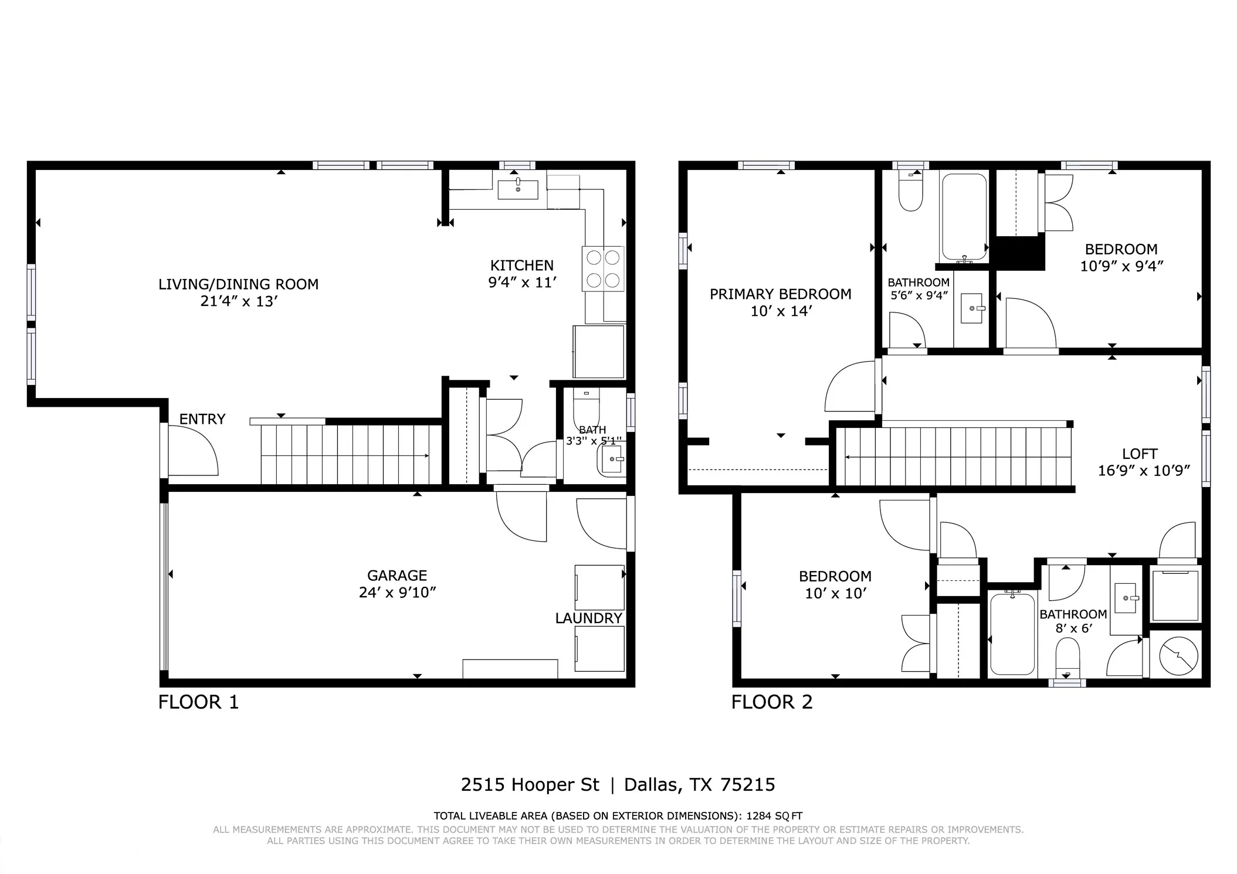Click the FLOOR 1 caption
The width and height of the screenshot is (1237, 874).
point(198,702)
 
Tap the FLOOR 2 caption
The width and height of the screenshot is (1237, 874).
point(771,702)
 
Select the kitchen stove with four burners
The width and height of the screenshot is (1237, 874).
point(602,268)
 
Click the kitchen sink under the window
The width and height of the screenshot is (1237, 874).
point(518,189)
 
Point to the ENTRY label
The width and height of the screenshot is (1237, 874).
point(202,419)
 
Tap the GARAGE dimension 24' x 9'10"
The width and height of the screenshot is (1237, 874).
point(397,593)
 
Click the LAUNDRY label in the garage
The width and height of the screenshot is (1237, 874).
point(588,618)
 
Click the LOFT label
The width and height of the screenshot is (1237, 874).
point(1140,454)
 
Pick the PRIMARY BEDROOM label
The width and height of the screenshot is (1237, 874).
point(780,294)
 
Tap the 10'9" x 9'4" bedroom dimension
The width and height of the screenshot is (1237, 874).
point(1121,266)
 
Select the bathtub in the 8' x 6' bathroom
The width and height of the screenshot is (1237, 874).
point(1012,634)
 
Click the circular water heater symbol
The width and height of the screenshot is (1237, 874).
point(1178,655)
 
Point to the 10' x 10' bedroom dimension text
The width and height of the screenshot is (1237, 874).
point(835,594)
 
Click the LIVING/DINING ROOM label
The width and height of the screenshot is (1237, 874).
point(238,284)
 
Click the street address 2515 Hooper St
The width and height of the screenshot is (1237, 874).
point(530,785)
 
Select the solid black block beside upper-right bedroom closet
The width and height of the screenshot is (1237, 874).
point(1020,253)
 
